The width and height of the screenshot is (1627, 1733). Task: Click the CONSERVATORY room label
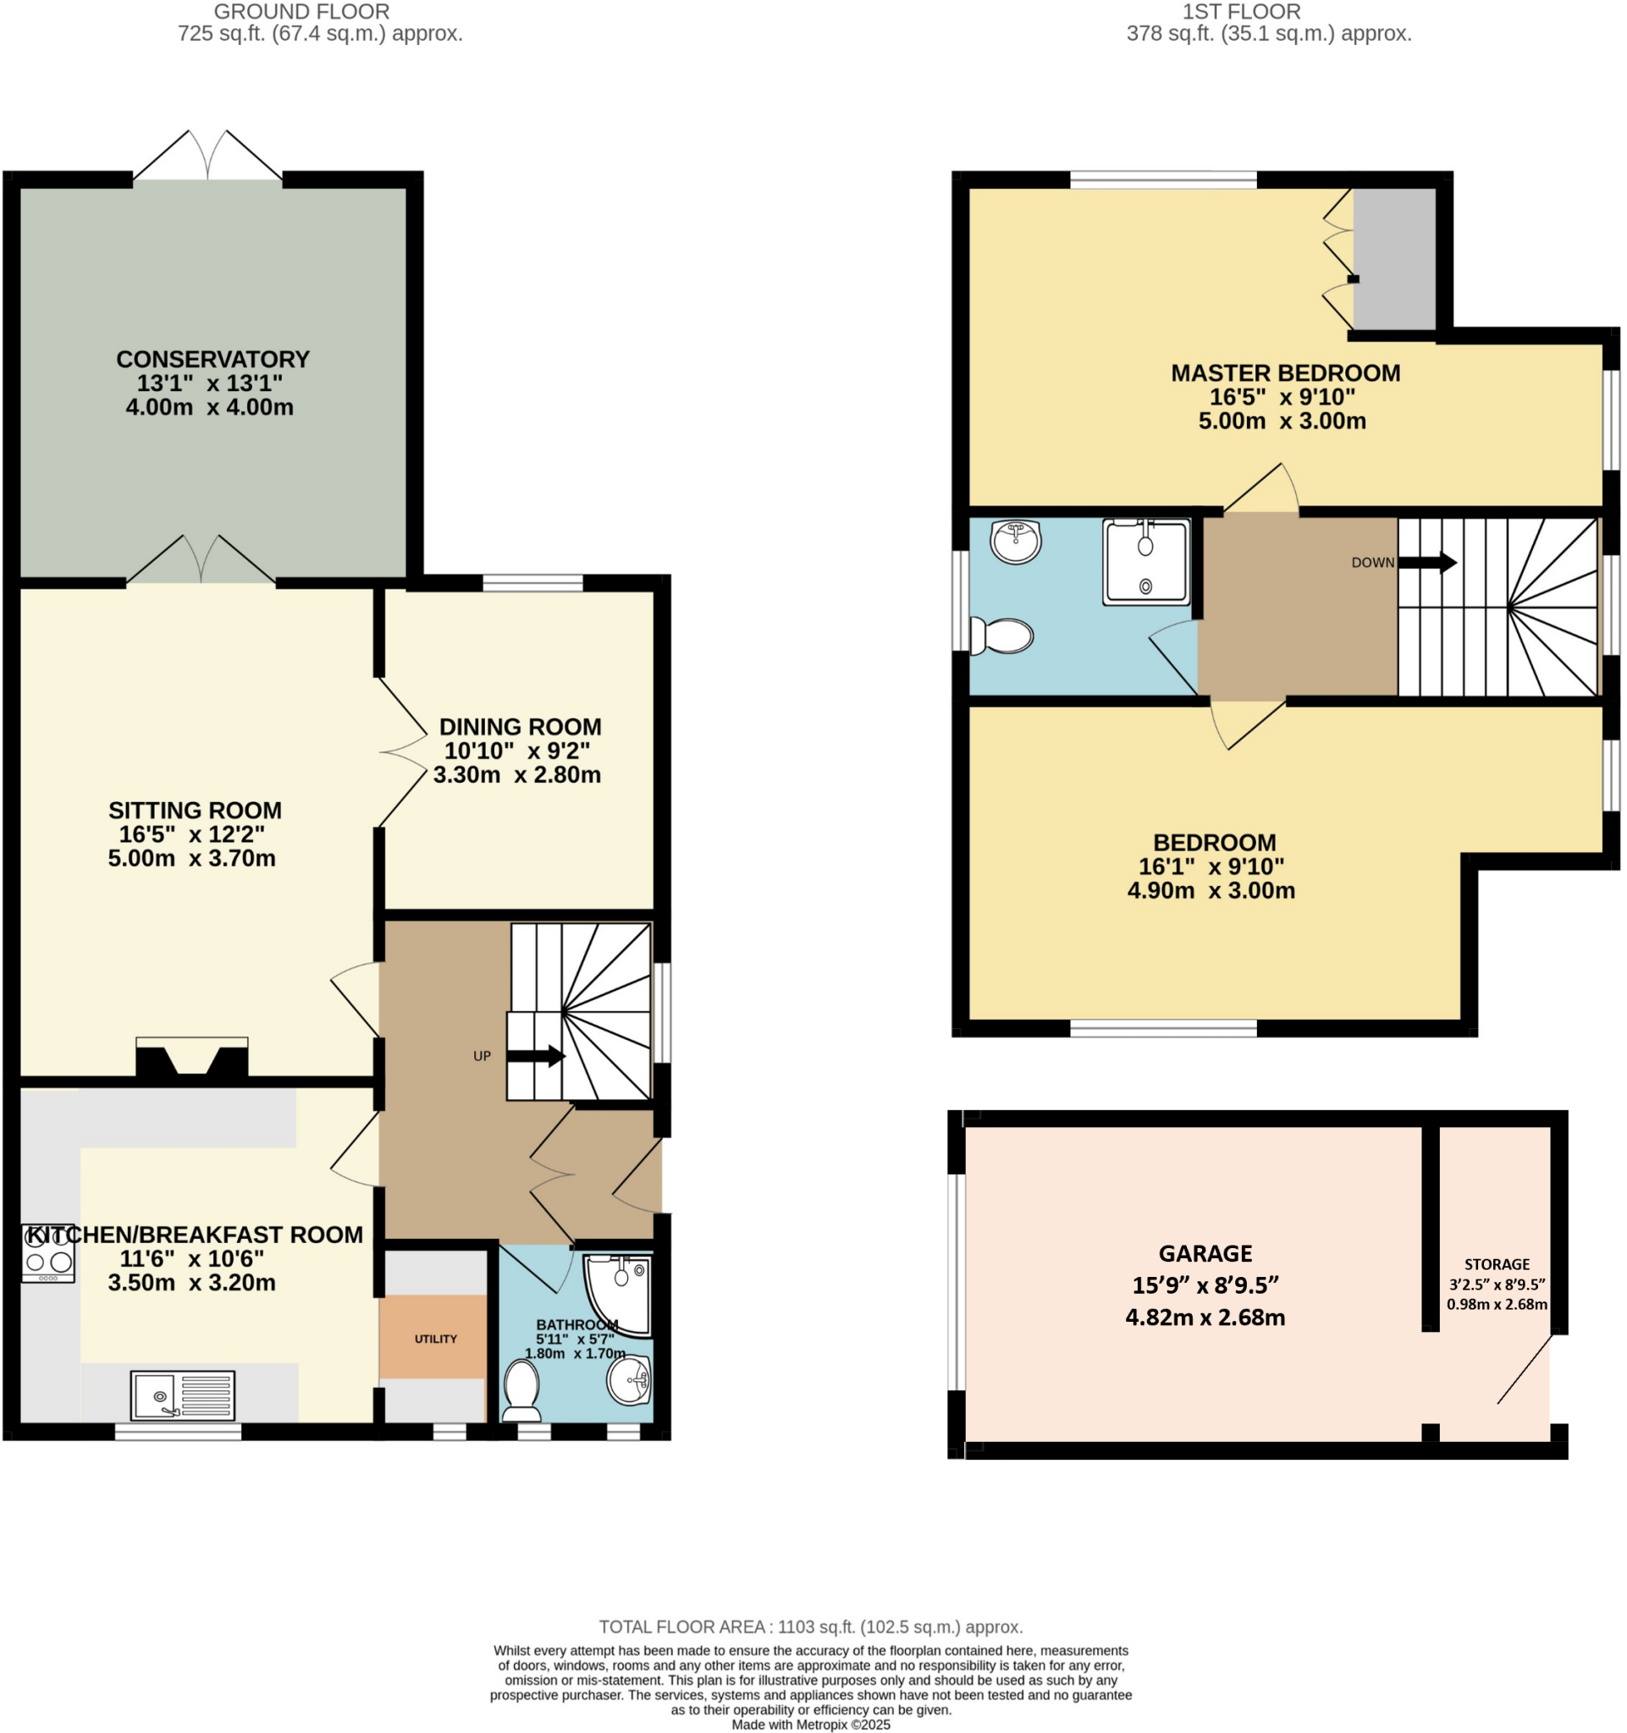pyautogui.click(x=212, y=359)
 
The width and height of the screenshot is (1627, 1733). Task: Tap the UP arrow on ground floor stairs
pyautogui.click(x=535, y=1057)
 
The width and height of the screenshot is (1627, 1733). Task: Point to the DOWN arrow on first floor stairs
pyautogui.click(x=1427, y=562)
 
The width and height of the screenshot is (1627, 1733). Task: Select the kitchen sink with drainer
pyautogui.click(x=183, y=1395)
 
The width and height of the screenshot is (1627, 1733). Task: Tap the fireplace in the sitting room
pyautogui.click(x=192, y=1058)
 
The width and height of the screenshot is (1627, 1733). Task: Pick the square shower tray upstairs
pyautogui.click(x=1145, y=561)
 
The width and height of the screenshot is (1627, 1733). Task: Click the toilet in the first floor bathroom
pyautogui.click(x=1004, y=635)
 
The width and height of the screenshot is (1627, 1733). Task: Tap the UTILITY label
pyautogui.click(x=436, y=1339)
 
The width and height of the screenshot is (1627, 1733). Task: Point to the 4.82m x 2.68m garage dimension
pyautogui.click(x=1205, y=1318)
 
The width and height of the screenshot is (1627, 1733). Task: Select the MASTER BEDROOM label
pyautogui.click(x=1285, y=373)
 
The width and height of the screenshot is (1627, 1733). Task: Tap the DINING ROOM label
pyautogui.click(x=520, y=727)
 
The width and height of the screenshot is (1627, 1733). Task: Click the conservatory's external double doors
pyautogui.click(x=207, y=157)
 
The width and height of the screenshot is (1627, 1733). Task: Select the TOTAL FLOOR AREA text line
pyautogui.click(x=811, y=1626)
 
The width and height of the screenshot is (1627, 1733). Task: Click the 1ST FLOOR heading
pyautogui.click(x=1242, y=12)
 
